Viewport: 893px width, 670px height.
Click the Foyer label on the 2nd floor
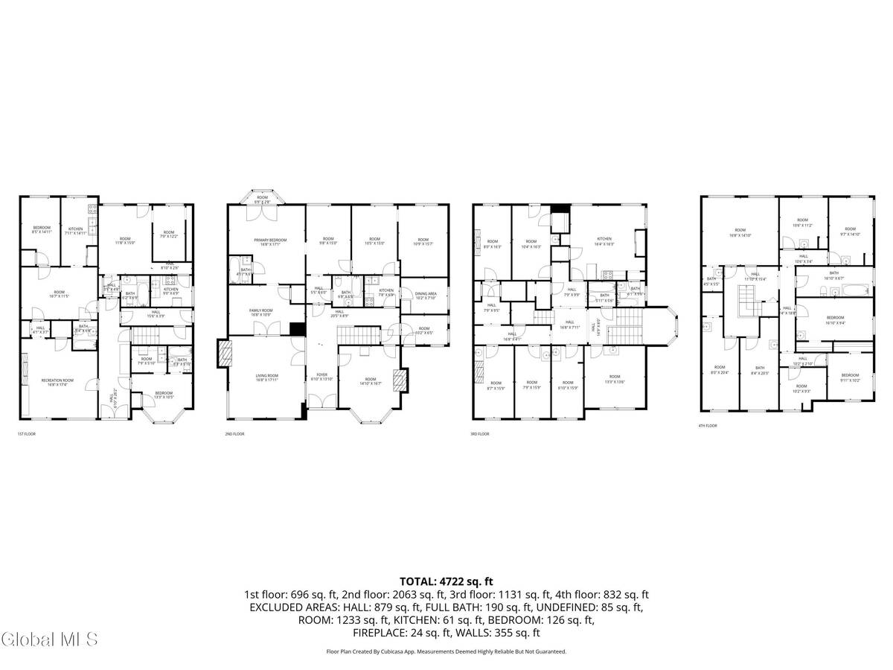click(322, 377)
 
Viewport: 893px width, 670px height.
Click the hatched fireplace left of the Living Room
click(223, 354)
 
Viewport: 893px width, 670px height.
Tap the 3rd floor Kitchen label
click(604, 241)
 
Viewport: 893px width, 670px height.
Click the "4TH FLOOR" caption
click(707, 426)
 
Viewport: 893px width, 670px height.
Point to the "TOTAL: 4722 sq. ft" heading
click(446, 581)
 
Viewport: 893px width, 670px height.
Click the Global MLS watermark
click(50, 639)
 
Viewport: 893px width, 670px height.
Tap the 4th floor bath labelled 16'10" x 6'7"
click(833, 275)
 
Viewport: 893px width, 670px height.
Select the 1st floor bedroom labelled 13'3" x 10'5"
click(163, 395)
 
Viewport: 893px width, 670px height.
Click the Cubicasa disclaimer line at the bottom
click(446, 651)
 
